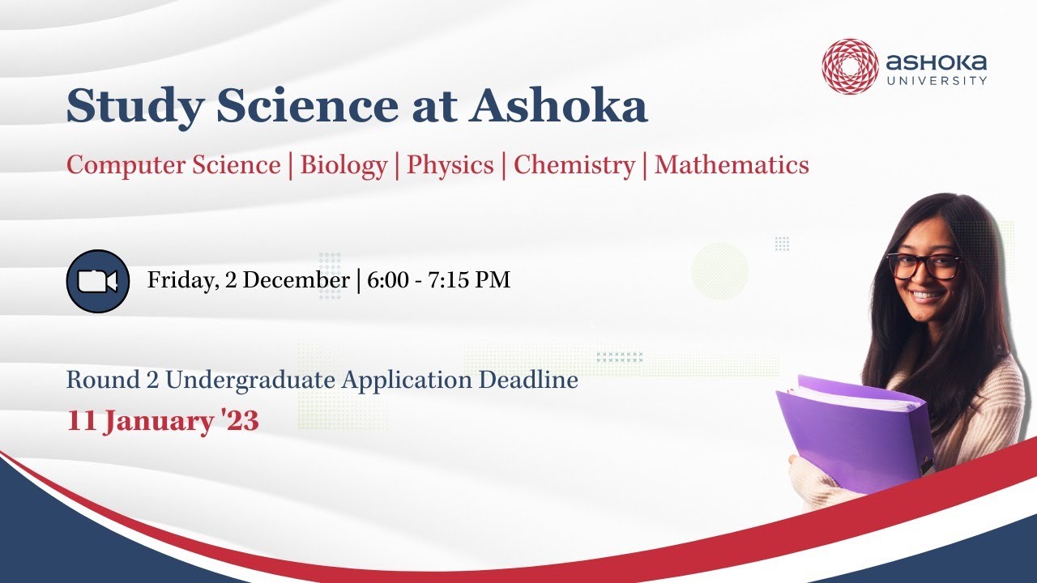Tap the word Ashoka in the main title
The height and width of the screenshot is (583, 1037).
coord(559,105)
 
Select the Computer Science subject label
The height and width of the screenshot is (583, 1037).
coord(173,165)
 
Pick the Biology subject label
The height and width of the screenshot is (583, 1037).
coord(344,165)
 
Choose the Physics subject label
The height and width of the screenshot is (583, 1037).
coord(450,165)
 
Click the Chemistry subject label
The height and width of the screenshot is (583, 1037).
coord(574,165)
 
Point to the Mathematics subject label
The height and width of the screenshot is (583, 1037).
coord(732,165)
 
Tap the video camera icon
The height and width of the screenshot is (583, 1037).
coord(97,281)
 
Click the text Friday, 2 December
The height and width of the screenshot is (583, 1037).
coord(248,281)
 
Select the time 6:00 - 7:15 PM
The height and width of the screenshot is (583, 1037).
coord(438,281)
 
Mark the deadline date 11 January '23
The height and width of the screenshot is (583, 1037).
coord(163,421)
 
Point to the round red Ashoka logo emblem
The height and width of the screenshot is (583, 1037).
coord(850,66)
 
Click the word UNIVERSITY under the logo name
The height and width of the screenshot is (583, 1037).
coord(937,81)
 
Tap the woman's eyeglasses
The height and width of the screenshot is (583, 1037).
coord(924,265)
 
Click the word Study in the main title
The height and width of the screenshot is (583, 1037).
coord(121,105)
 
